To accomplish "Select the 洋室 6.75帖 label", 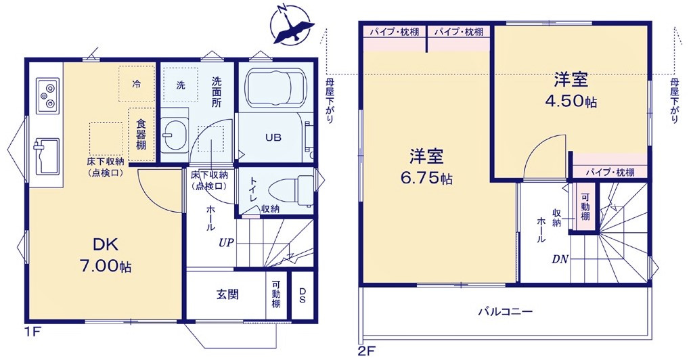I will click(x=426, y=167).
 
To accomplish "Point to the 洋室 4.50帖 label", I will click(x=571, y=90).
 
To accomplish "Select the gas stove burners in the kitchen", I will click(x=46, y=95).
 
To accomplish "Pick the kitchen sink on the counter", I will click(x=45, y=156).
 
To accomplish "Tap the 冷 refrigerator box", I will click(x=137, y=84).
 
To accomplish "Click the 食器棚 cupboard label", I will click(x=141, y=134).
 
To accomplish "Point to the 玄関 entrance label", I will click(x=226, y=294).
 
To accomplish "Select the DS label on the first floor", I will click(x=302, y=295).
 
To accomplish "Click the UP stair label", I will click(x=226, y=242).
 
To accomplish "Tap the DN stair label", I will click(x=559, y=258).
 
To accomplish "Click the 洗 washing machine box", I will click(x=181, y=85).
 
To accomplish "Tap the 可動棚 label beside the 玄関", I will click(x=276, y=295).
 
